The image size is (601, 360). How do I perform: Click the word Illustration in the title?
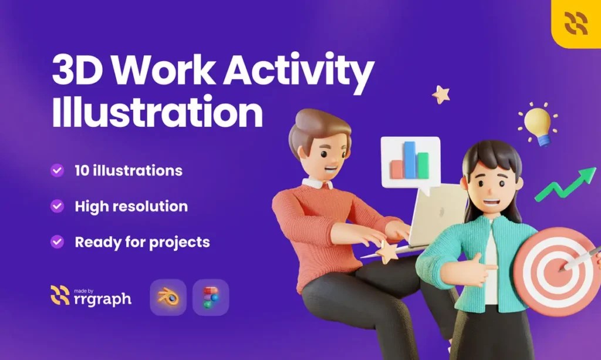tap(157, 111)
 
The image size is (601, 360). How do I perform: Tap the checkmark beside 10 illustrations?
tap(57, 170)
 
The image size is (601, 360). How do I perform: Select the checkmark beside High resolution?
tap(57, 206)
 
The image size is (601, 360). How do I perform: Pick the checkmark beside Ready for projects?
tap(57, 242)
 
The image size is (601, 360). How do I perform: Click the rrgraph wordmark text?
tap(102, 299)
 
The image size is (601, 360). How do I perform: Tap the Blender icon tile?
tap(168, 298)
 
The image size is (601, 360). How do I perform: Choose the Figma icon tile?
tap(211, 298)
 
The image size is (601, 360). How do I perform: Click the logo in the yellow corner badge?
tap(576, 23)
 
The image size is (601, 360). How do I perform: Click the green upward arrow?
tap(566, 184)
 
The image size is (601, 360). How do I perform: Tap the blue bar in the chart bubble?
tap(410, 160)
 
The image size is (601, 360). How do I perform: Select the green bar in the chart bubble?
tap(423, 166)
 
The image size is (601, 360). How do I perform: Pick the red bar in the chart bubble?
tap(397, 169)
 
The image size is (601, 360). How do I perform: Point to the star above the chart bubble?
tap(441, 95)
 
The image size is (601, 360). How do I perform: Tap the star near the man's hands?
tap(387, 253)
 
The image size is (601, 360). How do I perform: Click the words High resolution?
tap(131, 206)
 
